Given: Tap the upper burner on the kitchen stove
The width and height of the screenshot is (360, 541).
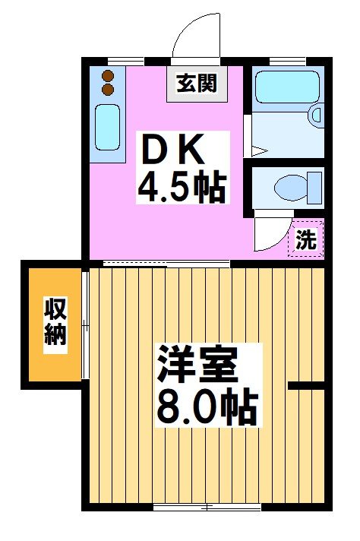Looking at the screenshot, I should (x=107, y=76).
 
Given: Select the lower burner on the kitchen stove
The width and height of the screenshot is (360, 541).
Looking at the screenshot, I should (x=107, y=90).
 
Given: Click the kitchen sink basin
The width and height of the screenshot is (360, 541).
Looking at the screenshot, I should (x=107, y=127).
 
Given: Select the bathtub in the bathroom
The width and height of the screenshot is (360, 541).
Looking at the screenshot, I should (x=284, y=88).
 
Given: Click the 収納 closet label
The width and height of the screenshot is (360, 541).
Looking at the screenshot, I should (x=55, y=323).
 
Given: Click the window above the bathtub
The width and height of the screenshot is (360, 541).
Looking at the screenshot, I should (x=283, y=60).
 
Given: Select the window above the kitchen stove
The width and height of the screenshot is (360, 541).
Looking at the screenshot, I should (x=125, y=60).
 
